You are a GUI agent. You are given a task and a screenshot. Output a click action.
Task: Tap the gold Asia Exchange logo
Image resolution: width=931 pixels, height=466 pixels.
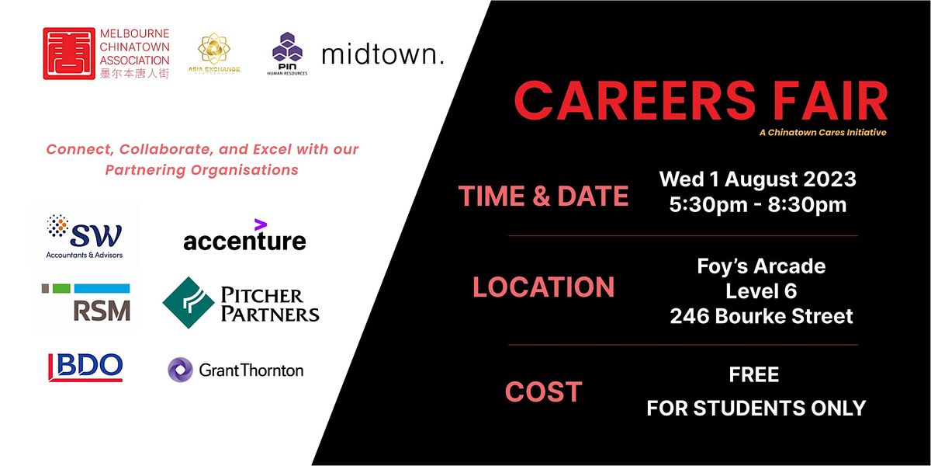click(219, 53)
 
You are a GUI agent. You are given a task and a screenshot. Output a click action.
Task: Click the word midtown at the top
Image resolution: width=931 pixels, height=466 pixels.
click(382, 54)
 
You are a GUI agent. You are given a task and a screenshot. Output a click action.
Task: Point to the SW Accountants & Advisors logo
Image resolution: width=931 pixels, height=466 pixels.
click(85, 235)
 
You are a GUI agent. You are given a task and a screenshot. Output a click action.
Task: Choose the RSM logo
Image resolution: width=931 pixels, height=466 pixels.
click(85, 303)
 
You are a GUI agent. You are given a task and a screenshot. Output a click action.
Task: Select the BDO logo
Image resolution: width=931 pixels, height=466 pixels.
click(85, 367)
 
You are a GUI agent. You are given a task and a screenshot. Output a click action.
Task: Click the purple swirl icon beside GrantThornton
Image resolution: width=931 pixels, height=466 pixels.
click(180, 370)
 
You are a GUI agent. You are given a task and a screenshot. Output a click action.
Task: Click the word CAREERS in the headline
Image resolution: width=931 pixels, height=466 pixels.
click(631, 101)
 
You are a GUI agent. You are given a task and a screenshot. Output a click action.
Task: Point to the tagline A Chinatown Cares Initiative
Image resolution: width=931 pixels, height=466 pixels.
click(823, 133)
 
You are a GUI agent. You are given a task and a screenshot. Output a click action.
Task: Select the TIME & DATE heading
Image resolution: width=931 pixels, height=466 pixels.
click(543, 196)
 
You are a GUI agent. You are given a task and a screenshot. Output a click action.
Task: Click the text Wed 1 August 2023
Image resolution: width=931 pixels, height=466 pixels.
click(757, 180)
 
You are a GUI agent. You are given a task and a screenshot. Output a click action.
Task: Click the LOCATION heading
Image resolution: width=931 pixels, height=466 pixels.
click(543, 288)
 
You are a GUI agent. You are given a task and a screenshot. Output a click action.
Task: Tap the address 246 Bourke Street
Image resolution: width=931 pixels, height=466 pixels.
click(761, 317)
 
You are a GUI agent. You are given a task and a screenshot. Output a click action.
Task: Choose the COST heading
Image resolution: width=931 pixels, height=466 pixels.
click(543, 392)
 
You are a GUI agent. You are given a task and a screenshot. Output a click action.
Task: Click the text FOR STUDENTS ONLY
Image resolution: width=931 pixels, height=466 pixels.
click(756, 408)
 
